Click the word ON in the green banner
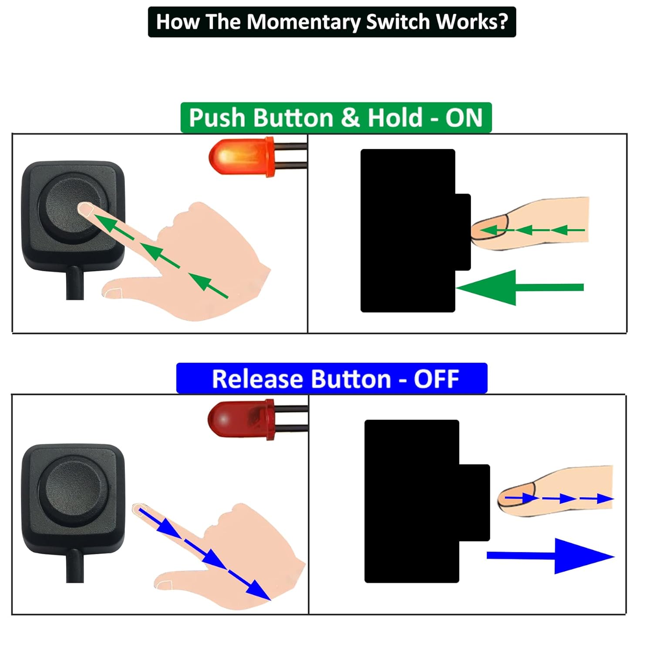tap(464, 118)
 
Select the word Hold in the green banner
tap(395, 118)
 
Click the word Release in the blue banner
tap(258, 379)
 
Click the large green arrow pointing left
tap(518, 287)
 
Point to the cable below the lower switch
tap(75, 566)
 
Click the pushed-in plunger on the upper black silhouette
tap(463, 232)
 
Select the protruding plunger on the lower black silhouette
tap(475, 502)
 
